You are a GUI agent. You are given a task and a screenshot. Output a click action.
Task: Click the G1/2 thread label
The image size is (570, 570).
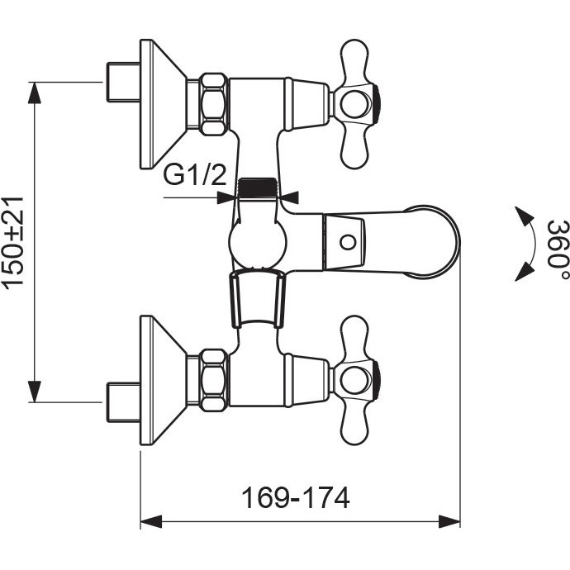click(x=194, y=175)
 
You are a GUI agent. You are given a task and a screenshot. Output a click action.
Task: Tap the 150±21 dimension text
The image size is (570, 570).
click(x=13, y=243)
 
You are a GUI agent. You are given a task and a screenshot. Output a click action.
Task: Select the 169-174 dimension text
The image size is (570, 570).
click(x=295, y=498)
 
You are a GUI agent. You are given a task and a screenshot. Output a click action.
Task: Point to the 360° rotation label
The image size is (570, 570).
click(x=557, y=244)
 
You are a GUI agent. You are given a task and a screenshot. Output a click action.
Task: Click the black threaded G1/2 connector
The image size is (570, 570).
click(x=257, y=188)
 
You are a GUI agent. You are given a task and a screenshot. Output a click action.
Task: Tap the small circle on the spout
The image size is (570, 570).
click(x=348, y=242)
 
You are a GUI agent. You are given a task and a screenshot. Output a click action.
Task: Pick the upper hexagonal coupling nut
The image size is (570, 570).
click(x=214, y=104)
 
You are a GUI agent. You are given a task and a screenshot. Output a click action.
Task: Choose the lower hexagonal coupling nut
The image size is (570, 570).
click(x=214, y=380)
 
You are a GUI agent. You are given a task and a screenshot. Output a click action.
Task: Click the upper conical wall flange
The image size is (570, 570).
click(x=164, y=104)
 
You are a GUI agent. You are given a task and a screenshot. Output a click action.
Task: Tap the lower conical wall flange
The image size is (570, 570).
click(x=164, y=380)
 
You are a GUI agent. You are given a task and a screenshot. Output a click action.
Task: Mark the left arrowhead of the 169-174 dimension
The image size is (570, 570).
click(x=151, y=521)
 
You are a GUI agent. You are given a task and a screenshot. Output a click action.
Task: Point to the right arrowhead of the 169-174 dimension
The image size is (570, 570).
click(x=449, y=521)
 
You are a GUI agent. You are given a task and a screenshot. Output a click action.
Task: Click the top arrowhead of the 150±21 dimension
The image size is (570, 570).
click(x=35, y=93)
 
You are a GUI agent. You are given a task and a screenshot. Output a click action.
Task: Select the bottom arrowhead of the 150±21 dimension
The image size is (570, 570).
click(x=35, y=392)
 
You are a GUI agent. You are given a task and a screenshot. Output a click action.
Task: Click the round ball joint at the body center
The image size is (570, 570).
click(x=257, y=242)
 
